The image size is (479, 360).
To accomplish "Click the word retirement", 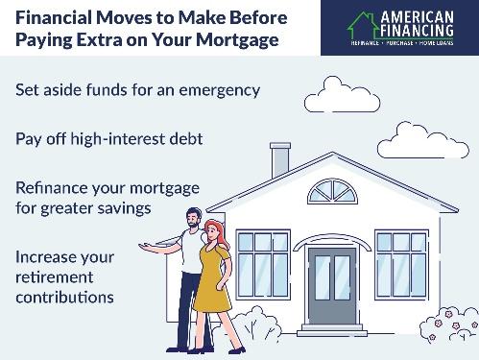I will pyautogui.click(x=54, y=276).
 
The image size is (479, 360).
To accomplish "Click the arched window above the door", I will pyautogui.click(x=331, y=192).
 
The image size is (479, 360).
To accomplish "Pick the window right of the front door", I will pyautogui.click(x=400, y=262).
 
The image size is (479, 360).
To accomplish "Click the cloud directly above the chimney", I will pyautogui.click(x=328, y=94).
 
